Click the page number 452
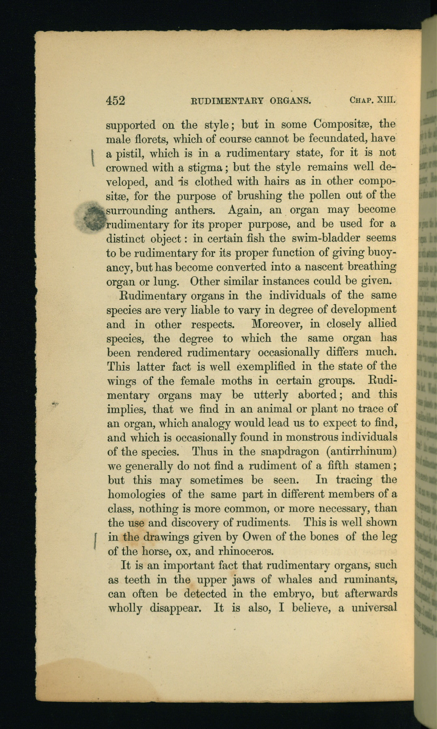click(115, 100)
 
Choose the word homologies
click(136, 495)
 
